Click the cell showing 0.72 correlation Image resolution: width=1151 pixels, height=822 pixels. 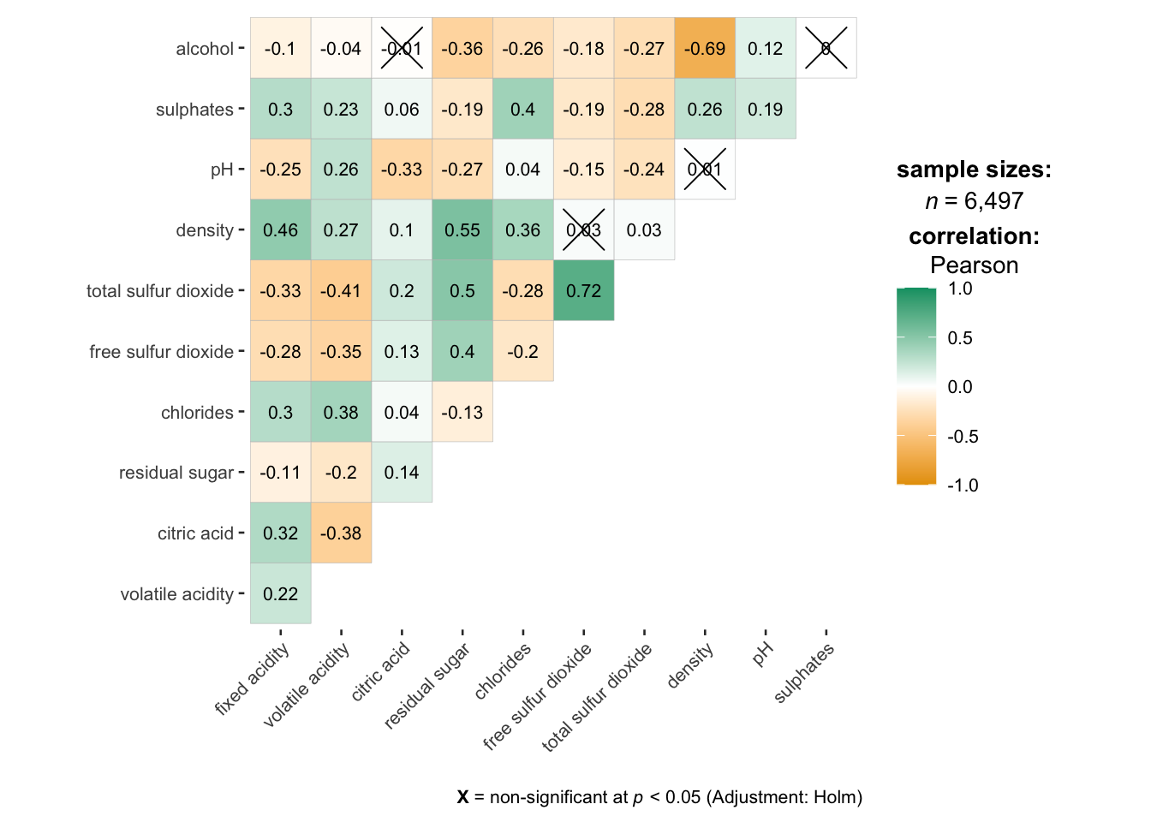[583, 291]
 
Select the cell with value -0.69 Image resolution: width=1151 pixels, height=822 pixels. [705, 49]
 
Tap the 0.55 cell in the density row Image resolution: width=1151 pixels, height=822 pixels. [462, 230]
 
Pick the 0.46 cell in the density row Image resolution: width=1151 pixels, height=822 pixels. [280, 230]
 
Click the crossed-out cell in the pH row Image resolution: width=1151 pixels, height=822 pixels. [705, 170]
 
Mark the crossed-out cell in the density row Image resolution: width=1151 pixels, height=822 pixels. [583, 230]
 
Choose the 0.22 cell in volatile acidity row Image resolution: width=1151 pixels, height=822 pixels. [280, 594]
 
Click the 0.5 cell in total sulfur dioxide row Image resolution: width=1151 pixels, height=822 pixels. [462, 291]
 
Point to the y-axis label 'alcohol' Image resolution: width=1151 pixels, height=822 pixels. [205, 49]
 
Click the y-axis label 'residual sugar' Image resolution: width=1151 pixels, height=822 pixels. [176, 473]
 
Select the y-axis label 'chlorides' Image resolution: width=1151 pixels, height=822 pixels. [197, 413]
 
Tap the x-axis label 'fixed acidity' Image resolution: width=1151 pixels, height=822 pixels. [253, 679]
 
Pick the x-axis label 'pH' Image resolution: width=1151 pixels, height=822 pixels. [762, 655]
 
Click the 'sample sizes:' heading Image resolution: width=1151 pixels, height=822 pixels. [974, 170]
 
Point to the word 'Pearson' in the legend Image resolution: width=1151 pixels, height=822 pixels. [974, 265]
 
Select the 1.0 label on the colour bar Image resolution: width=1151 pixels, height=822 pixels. [960, 289]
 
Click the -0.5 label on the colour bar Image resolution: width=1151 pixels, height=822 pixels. [963, 437]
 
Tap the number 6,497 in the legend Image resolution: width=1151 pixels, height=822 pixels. [993, 201]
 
